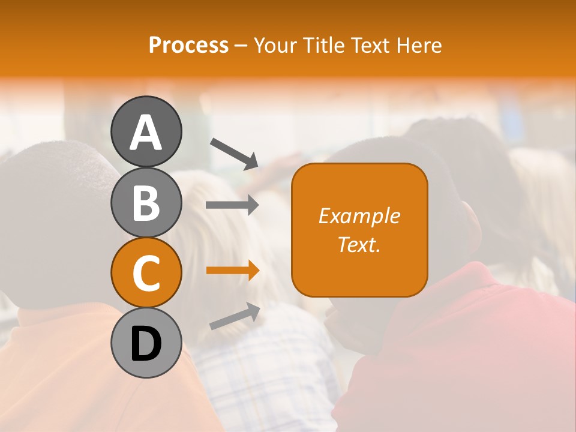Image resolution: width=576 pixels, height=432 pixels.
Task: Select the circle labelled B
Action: click(146, 202)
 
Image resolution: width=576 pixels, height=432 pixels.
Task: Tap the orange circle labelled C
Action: click(146, 273)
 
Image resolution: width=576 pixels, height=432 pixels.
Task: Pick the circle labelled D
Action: click(146, 343)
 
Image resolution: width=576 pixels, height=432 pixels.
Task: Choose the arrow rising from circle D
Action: click(234, 316)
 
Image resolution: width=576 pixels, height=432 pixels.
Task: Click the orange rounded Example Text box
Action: click(359, 230)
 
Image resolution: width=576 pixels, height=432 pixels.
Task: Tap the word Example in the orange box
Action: click(359, 216)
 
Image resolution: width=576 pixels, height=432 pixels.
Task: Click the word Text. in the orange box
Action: click(359, 244)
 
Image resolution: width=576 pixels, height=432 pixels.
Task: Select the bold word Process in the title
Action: click(188, 45)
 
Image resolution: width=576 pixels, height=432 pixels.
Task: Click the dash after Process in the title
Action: click(241, 46)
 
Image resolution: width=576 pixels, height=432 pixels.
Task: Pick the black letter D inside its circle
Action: click(146, 344)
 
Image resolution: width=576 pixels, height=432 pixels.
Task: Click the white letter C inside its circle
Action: click(146, 274)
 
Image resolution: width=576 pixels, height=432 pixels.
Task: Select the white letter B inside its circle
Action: click(146, 203)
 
